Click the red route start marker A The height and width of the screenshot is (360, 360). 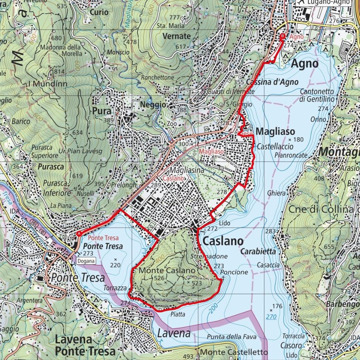click(79, 234)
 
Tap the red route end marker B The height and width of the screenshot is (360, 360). click(283, 36)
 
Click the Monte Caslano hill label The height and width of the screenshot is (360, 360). click(162, 271)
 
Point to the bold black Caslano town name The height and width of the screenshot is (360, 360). click(222, 241)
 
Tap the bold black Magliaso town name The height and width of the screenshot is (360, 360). click(275, 132)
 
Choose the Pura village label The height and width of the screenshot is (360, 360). click(100, 111)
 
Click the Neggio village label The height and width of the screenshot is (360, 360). click(153, 105)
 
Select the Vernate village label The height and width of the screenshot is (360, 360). click(176, 36)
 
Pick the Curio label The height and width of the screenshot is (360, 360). click(99, 12)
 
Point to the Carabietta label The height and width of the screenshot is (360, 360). click(258, 251)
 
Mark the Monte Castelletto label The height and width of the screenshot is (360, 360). click(234, 352)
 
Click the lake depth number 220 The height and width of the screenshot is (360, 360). click(116, 265)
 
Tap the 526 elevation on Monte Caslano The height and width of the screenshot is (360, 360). click(159, 278)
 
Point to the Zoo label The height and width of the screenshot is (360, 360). click(171, 123)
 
